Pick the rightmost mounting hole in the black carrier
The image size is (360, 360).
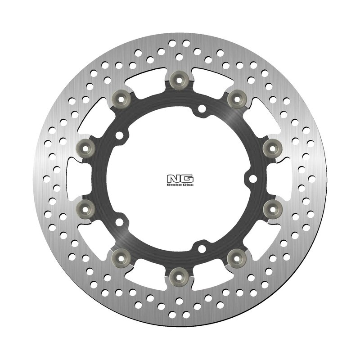253,179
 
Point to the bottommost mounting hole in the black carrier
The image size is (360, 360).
202,248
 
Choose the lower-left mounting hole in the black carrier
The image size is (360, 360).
119,221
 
